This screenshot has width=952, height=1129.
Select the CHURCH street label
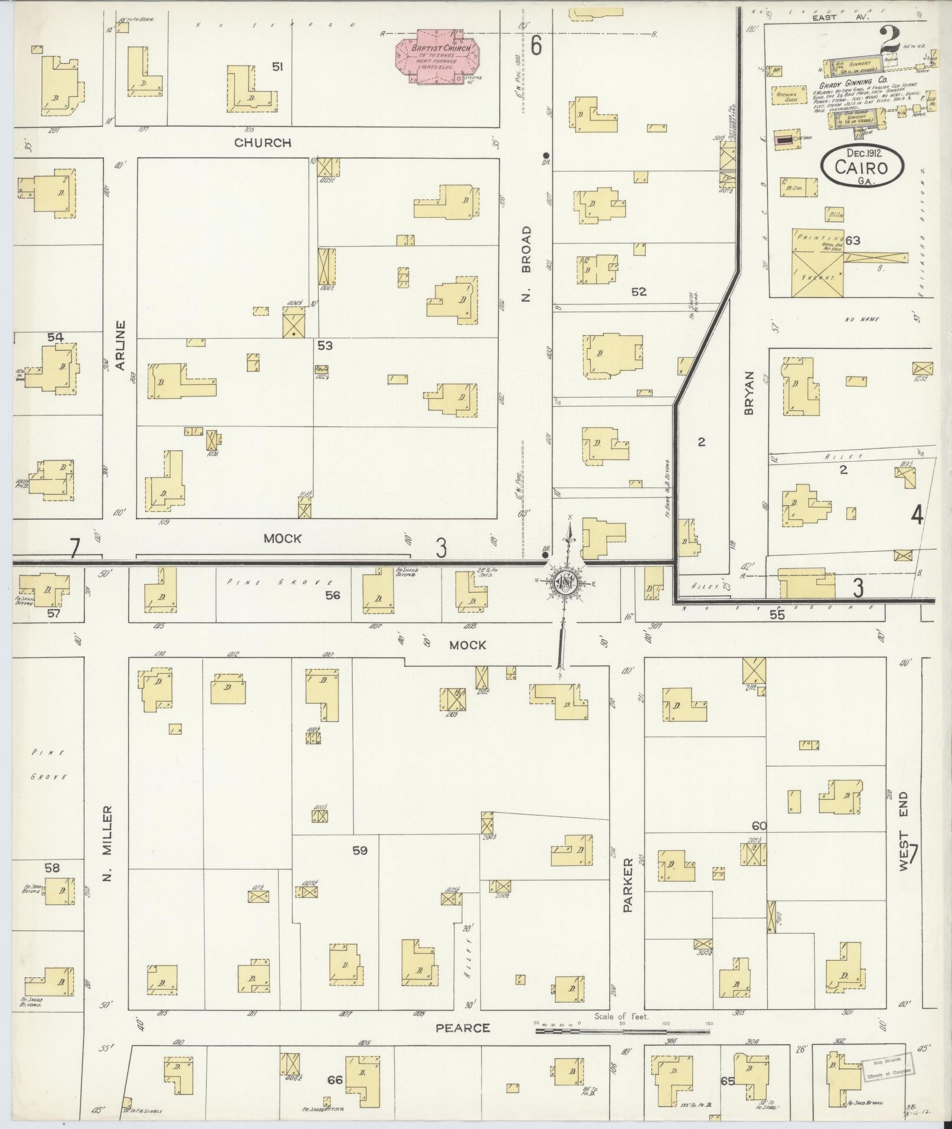pyautogui.click(x=263, y=143)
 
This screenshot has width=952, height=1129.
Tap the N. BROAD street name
pyautogui.click(x=526, y=263)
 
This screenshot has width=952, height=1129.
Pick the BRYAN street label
pyautogui.click(x=750, y=392)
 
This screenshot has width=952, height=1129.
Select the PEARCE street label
pyautogui.click(x=463, y=1028)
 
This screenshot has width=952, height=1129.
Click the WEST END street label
pyautogui.click(x=903, y=832)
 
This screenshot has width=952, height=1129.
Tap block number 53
pyautogui.click(x=325, y=345)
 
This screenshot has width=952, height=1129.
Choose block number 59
pyautogui.click(x=360, y=850)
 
